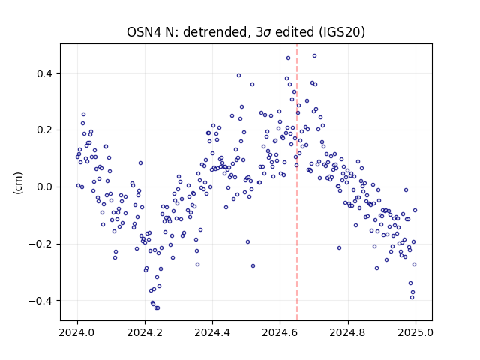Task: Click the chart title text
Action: pyautogui.click(x=246, y=32)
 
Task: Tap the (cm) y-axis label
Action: pyautogui.click(x=18, y=183)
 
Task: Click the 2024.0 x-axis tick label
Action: pyautogui.click(x=76, y=332)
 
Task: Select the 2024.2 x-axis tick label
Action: pyautogui.click(x=145, y=332)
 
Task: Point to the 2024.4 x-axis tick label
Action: pyautogui.click(x=212, y=332)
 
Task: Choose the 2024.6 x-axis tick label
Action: pyautogui.click(x=280, y=332)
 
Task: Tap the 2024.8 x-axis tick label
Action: pyautogui.click(x=347, y=332)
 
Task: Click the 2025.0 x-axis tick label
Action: pyautogui.click(x=415, y=332)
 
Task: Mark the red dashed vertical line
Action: pyautogui.click(x=297, y=182)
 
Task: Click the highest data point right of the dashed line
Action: pyautogui.click(x=314, y=56)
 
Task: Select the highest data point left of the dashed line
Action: pyautogui.click(x=288, y=58)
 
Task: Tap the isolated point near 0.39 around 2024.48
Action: pyautogui.click(x=238, y=76)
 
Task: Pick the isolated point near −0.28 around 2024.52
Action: pyautogui.click(x=253, y=266)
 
